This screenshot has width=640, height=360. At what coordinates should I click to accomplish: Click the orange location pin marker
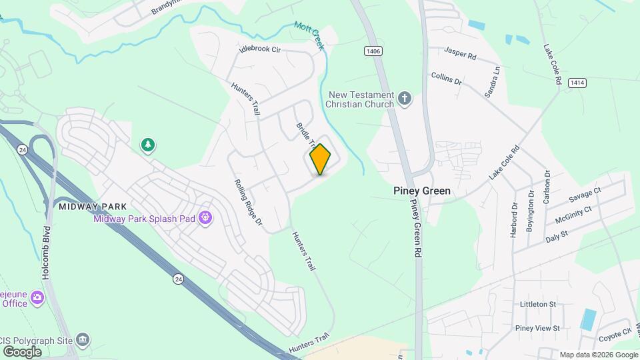click(320, 159)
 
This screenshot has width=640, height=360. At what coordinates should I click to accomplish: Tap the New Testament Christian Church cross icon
click(404, 99)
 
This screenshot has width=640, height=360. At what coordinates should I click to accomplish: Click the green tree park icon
click(147, 145)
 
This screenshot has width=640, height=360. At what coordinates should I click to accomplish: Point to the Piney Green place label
click(421, 191)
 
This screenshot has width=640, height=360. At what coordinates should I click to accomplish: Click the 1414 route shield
click(577, 83)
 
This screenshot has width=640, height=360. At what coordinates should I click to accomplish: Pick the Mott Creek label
click(308, 35)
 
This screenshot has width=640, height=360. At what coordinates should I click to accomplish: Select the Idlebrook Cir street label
click(261, 50)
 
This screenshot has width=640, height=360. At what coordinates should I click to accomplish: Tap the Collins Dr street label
click(446, 79)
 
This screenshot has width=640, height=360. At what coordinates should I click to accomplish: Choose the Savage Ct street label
click(585, 195)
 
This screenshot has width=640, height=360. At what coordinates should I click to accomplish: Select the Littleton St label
click(537, 304)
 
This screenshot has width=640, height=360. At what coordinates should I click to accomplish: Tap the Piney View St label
click(537, 328)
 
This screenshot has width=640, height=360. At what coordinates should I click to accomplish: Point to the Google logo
click(22, 351)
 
